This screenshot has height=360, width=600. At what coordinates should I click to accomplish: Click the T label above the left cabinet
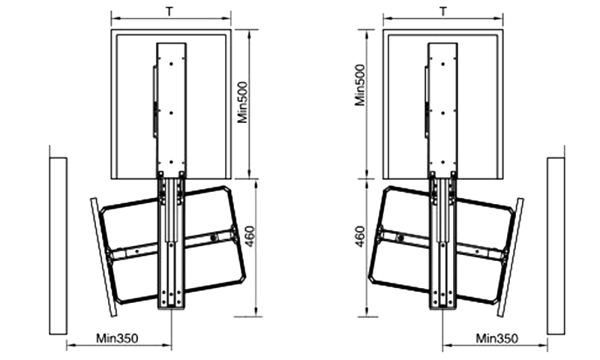[169, 11]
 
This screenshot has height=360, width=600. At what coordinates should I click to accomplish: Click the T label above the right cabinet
[442, 11]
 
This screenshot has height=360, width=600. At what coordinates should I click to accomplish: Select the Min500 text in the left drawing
[242, 103]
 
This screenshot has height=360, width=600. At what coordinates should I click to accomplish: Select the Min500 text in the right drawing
[360, 85]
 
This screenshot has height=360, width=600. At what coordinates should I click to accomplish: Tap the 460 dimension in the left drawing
[249, 236]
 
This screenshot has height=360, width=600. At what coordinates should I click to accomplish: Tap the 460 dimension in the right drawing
[360, 236]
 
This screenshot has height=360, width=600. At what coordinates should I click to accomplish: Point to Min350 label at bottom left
[117, 338]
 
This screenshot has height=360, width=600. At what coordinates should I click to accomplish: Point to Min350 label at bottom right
[496, 338]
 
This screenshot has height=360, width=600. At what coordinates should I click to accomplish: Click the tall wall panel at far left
[58, 246]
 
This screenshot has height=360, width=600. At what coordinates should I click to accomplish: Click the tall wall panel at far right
[556, 246]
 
